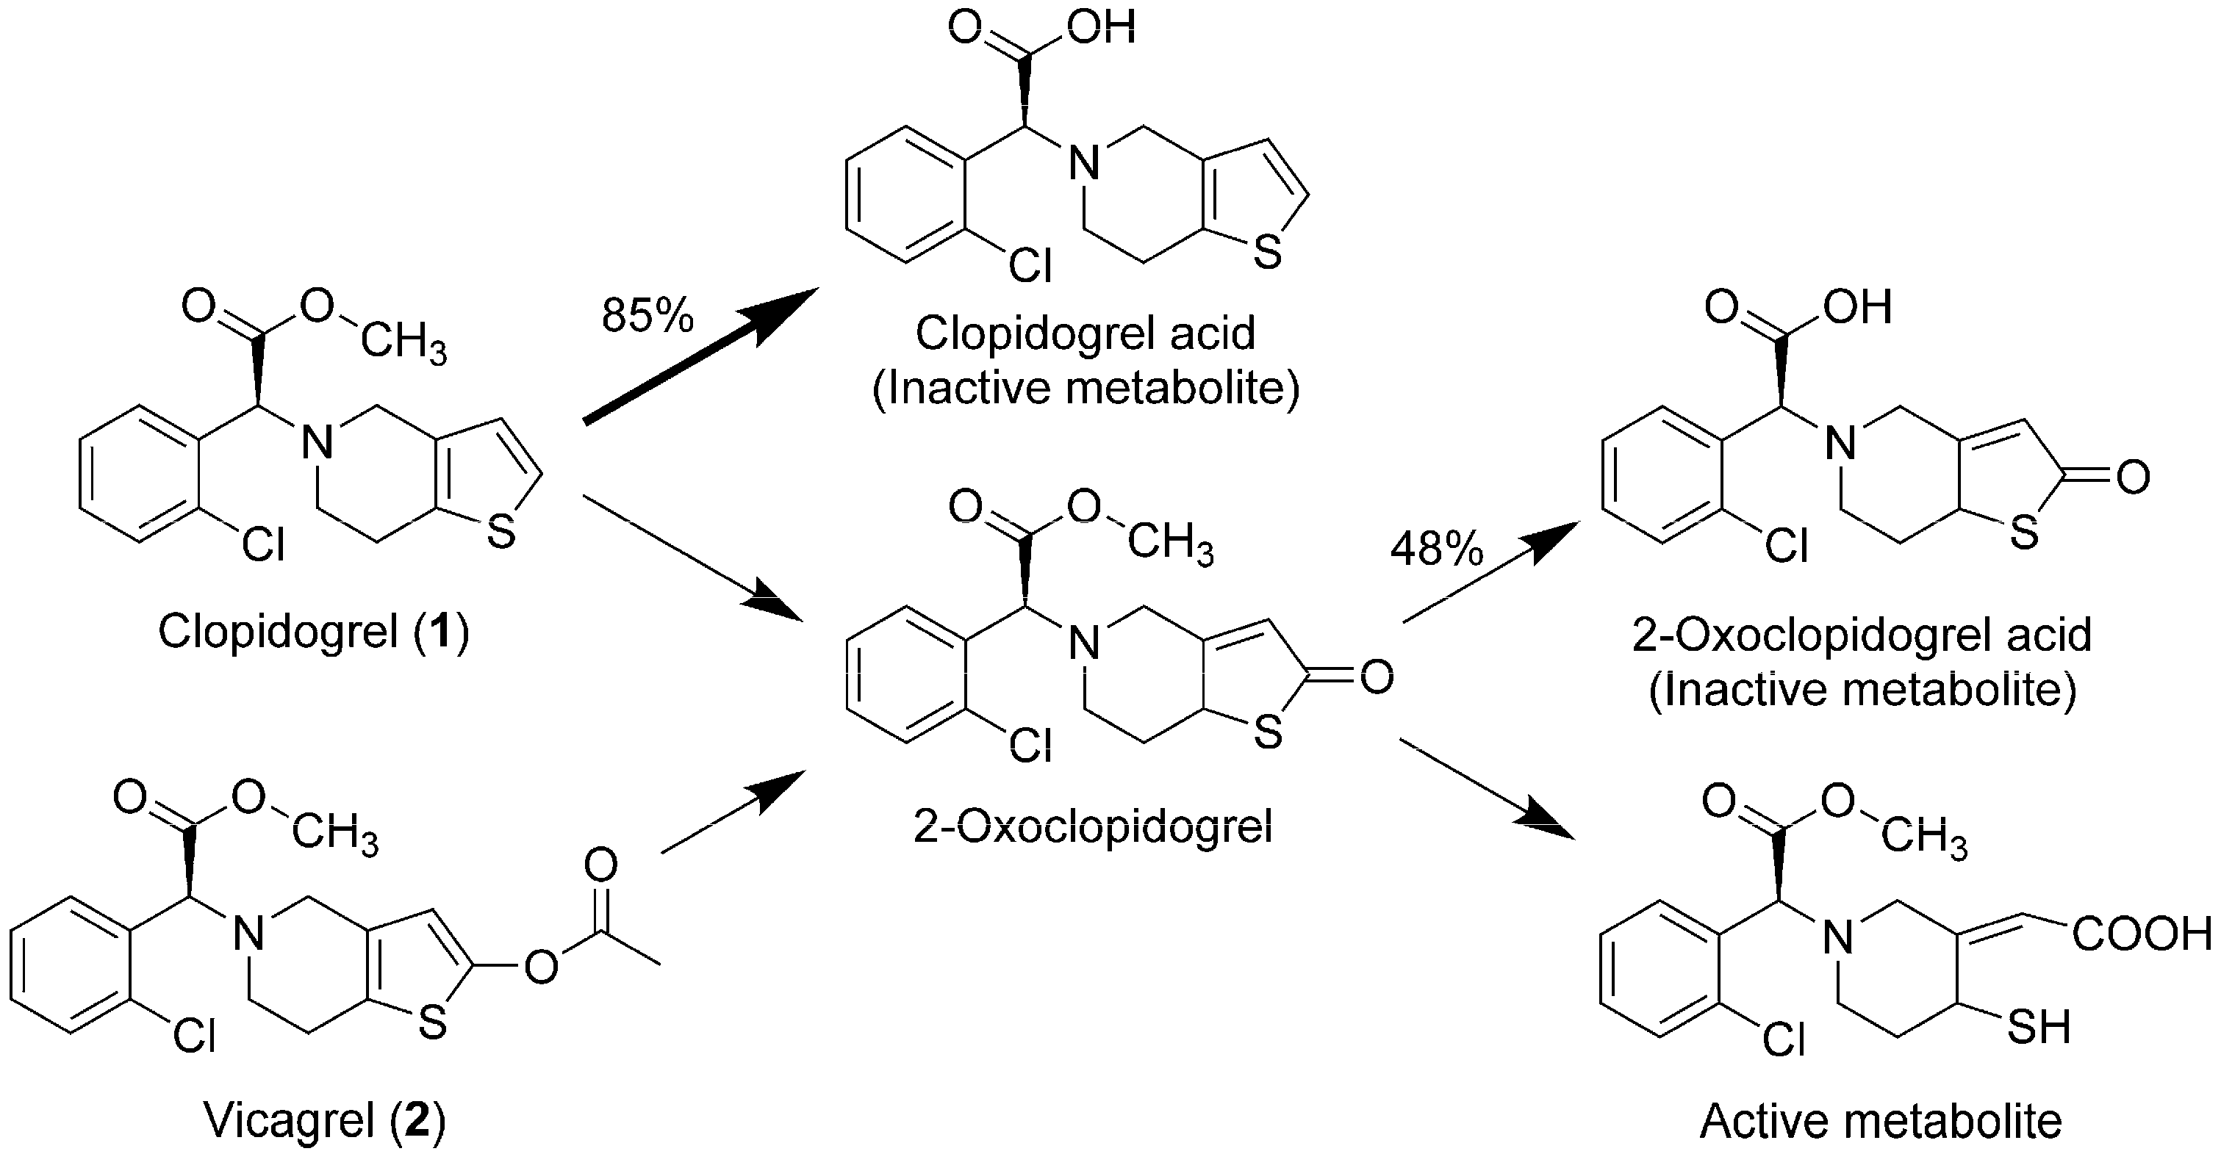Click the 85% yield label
click(x=647, y=315)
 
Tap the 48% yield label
click(x=1436, y=548)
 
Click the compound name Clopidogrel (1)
click(x=314, y=631)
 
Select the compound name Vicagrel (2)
click(x=324, y=1120)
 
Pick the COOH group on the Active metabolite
click(x=2142, y=934)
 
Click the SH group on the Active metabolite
click(x=2038, y=1026)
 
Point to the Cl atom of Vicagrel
click(x=194, y=1035)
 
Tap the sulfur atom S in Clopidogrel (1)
click(x=501, y=533)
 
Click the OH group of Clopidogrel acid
click(x=1102, y=28)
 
